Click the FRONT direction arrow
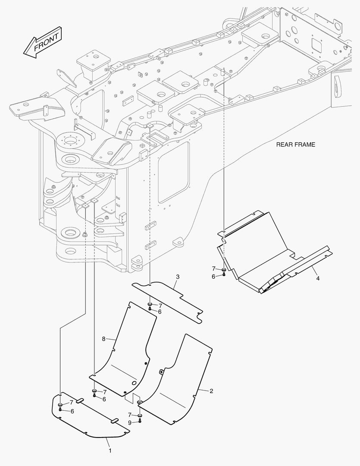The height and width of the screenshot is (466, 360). click(43, 42)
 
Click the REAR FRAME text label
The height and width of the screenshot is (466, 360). click(295, 145)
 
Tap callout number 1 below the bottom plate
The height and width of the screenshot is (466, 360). click(110, 450)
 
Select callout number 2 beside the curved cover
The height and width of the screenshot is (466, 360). click(211, 391)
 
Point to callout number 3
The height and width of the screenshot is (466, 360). click(178, 277)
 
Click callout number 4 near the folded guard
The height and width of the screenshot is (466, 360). click(318, 278)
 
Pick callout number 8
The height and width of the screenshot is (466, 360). click(103, 339)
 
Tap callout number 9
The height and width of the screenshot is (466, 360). click(130, 422)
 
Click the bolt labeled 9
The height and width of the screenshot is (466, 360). click(140, 421)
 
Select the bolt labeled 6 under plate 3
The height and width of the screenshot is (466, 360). click(150, 309)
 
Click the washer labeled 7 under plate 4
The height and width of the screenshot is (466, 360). click(224, 270)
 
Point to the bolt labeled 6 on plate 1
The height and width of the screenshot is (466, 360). click(60, 409)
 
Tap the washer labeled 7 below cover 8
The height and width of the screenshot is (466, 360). click(94, 390)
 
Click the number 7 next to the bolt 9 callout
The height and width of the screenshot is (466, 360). click(130, 415)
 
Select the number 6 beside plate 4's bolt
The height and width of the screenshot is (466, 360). click(213, 277)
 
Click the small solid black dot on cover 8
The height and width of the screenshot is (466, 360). click(146, 363)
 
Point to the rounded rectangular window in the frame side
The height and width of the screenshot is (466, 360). click(174, 172)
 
